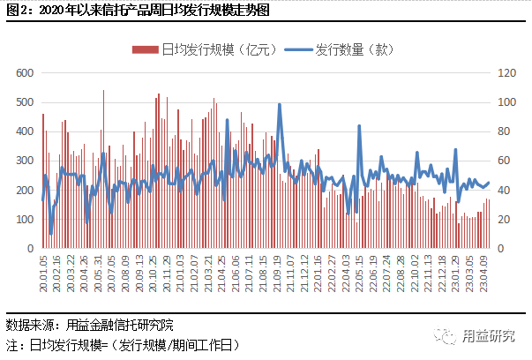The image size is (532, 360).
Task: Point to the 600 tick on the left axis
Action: tap(25, 72)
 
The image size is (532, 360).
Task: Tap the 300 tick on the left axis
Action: tap(25, 161)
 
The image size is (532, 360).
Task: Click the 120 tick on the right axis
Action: tap(507, 72)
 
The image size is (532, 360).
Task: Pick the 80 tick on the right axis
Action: tap(505, 131)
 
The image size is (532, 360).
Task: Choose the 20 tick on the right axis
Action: tap(505, 220)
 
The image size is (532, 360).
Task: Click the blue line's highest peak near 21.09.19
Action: tap(280, 104)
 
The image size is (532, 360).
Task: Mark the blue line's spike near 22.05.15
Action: tap(359, 126)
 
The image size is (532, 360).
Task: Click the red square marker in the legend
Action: tap(137, 50)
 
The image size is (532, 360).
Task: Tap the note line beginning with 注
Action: tap(123, 344)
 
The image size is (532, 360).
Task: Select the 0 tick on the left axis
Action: tap(31, 249)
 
